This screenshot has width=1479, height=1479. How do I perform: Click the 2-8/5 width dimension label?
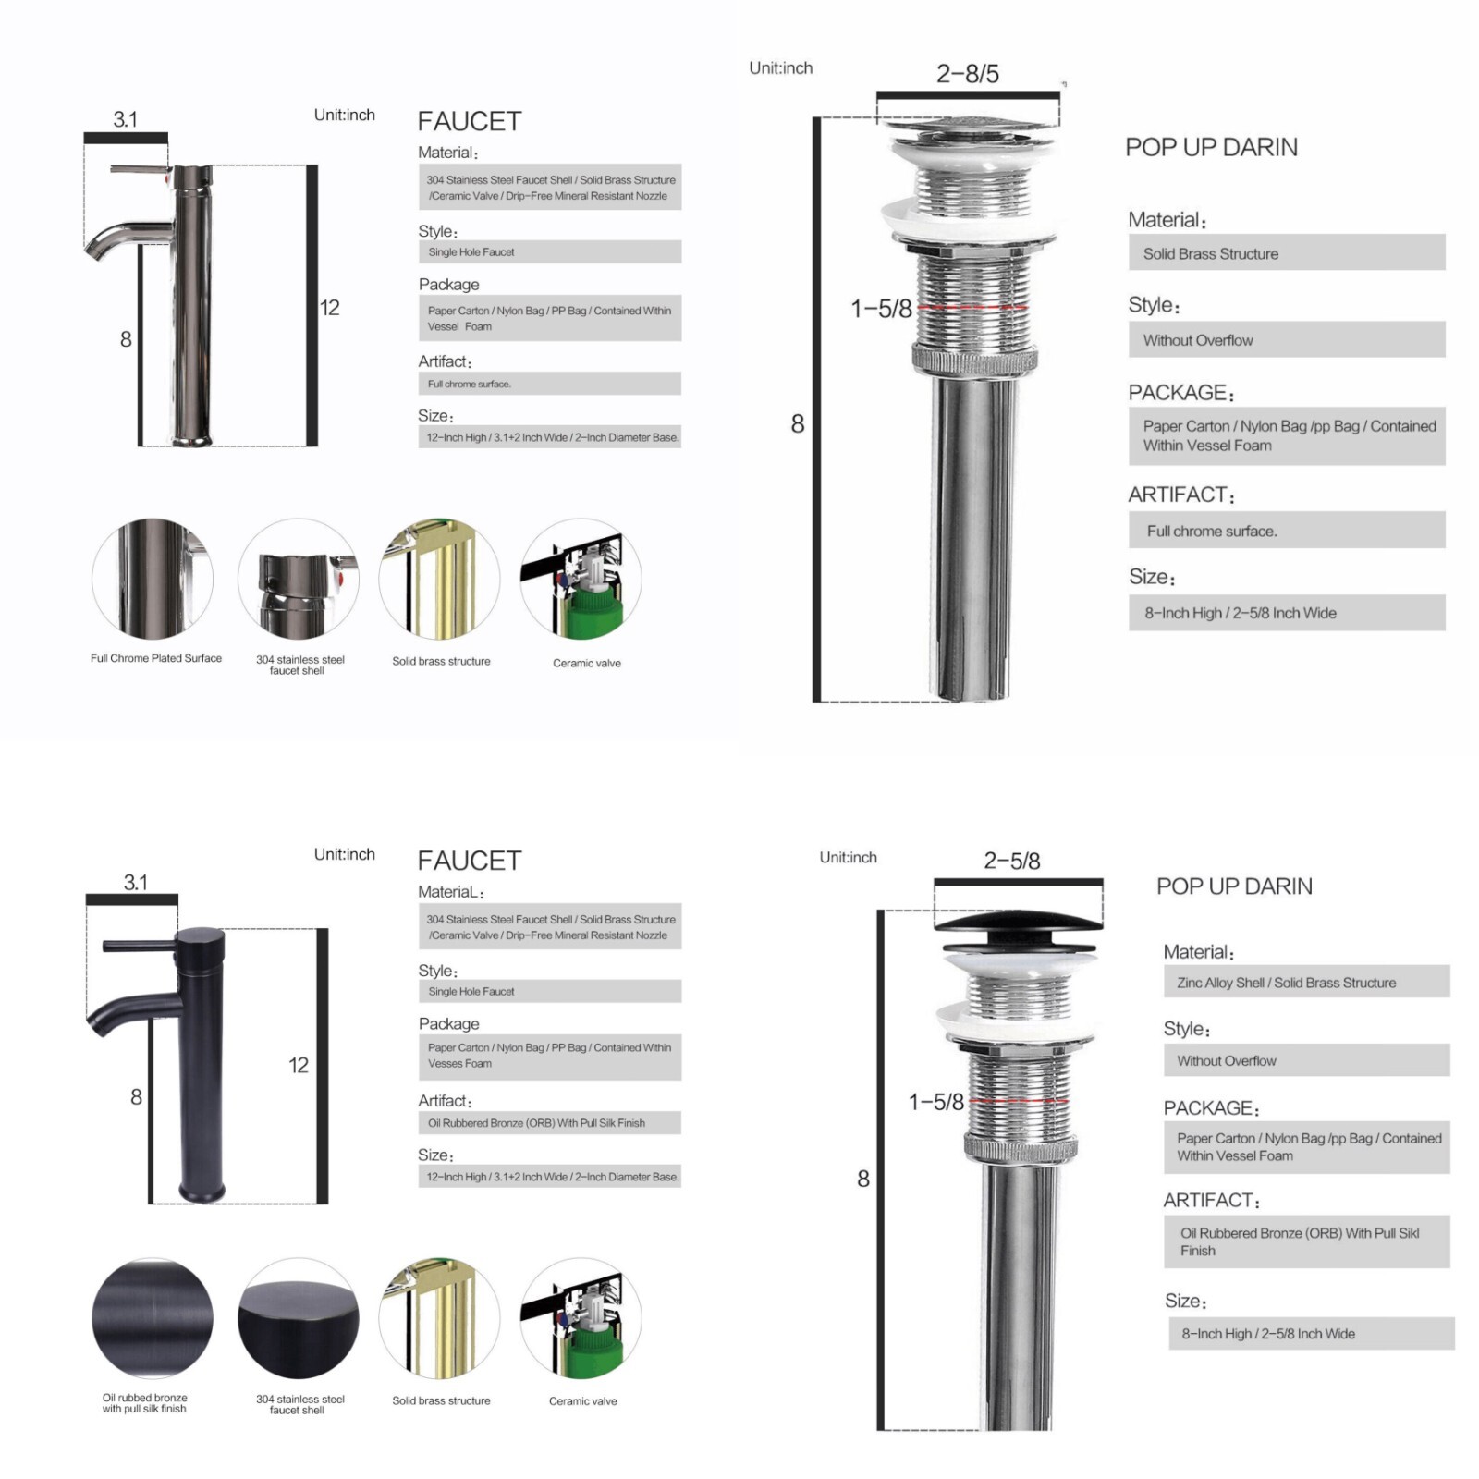tap(968, 74)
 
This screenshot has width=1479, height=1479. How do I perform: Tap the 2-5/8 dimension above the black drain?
tap(1012, 861)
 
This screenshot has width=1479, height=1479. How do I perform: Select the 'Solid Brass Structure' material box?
tap(1287, 252)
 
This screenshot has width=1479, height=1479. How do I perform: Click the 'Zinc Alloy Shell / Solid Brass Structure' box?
tap(1307, 982)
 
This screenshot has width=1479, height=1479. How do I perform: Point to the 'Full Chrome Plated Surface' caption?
tap(156, 658)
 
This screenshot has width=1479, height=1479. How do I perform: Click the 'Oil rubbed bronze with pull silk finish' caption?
tap(145, 1403)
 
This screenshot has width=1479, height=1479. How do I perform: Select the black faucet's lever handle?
tap(140, 947)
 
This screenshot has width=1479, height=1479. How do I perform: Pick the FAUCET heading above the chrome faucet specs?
tap(470, 121)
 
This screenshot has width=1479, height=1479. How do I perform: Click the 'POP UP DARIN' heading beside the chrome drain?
tap(1211, 147)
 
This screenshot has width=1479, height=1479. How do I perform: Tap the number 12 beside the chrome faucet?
tap(330, 308)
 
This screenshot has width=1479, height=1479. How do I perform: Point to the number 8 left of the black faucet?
tap(136, 1097)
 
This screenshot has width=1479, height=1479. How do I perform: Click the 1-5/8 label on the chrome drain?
tap(881, 309)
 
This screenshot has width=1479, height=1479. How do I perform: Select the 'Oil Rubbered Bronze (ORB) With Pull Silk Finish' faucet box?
tap(550, 1123)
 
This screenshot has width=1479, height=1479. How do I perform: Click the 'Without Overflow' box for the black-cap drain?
tap(1307, 1060)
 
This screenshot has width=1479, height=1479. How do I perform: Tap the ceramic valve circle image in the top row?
tap(581, 580)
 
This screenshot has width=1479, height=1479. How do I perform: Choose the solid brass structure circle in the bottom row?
tap(440, 1318)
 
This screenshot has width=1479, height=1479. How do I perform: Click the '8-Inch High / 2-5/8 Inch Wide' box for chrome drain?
tap(1287, 613)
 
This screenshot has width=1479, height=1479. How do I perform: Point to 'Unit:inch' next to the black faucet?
tap(345, 854)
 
